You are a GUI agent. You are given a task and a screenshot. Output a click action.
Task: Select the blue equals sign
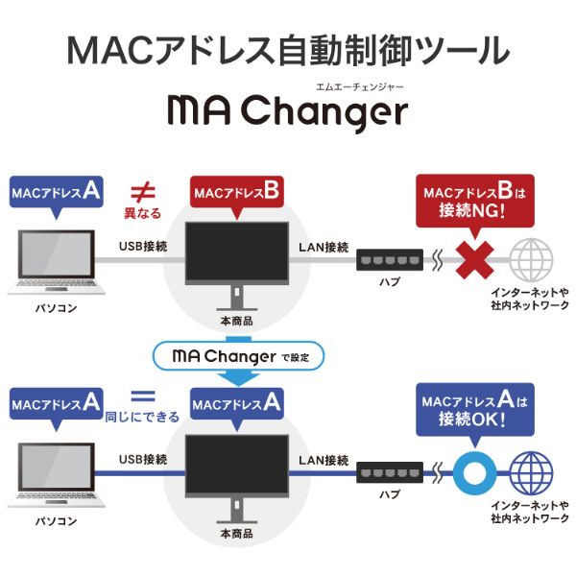[x=142, y=395]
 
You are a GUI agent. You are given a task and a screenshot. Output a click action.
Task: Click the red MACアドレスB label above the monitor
[x=236, y=193]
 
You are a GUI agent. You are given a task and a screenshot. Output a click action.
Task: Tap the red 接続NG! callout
[x=476, y=201]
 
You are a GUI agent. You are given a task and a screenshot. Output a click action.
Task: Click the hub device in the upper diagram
[x=389, y=259]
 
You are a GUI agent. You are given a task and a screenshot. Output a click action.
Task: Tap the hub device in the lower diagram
[x=389, y=471]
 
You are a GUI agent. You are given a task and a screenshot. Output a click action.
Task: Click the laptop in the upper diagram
[x=56, y=262]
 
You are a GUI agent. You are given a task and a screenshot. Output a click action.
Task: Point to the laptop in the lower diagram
[x=56, y=474]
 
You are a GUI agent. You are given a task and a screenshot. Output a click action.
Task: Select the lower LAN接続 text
[x=324, y=461]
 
